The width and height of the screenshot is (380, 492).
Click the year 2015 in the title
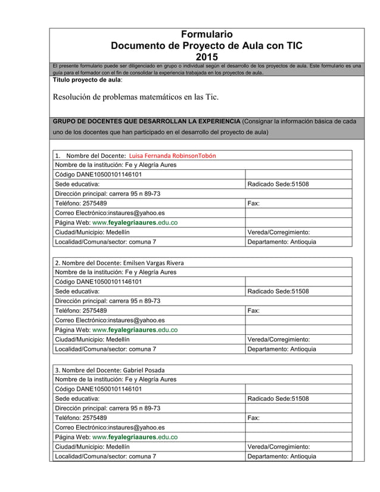click(x=207, y=57)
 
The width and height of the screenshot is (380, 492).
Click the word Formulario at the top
click(x=207, y=34)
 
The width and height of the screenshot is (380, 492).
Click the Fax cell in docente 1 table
click(x=254, y=203)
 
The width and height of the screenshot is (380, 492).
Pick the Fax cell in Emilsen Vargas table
click(x=254, y=310)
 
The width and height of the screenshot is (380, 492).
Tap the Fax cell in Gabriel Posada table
click(x=254, y=418)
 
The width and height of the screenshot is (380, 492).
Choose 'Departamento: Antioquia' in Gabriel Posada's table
click(x=282, y=456)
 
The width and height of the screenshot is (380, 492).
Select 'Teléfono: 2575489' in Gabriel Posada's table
click(x=81, y=418)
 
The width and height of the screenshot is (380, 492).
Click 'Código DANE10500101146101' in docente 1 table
click(x=98, y=175)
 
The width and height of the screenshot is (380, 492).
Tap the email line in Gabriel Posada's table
click(x=110, y=427)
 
